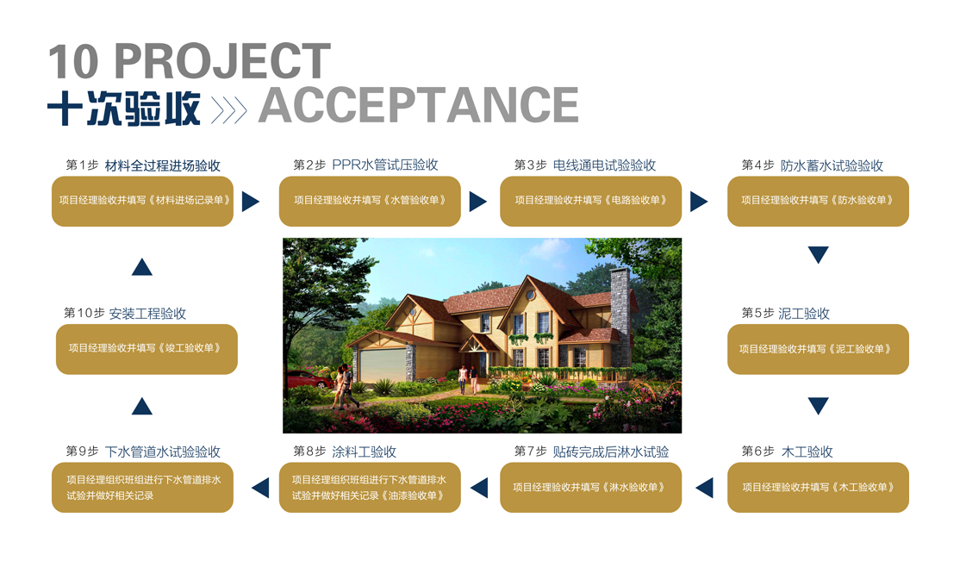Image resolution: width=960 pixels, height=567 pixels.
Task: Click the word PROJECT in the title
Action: (x=222, y=60)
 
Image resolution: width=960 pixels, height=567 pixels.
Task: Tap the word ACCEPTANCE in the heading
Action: (x=419, y=105)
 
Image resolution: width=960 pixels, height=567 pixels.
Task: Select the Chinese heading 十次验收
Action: (x=124, y=109)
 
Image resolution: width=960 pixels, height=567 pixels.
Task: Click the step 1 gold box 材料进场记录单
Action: (x=143, y=202)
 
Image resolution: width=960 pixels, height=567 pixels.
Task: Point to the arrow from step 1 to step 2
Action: (x=251, y=202)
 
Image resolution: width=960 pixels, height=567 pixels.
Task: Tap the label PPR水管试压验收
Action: (x=385, y=165)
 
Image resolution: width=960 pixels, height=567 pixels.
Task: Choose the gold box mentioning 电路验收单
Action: (x=591, y=202)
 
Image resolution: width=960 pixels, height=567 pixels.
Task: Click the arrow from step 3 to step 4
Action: (x=699, y=202)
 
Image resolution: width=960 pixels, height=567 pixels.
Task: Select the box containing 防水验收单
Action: (x=818, y=202)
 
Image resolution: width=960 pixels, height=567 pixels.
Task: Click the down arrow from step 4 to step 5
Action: (x=818, y=254)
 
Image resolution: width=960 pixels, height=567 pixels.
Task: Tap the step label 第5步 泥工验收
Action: (x=786, y=314)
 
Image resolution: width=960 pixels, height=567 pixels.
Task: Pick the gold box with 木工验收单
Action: (x=818, y=488)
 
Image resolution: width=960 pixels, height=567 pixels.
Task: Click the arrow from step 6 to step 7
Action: (x=705, y=488)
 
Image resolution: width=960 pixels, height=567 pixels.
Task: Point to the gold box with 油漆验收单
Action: (x=370, y=488)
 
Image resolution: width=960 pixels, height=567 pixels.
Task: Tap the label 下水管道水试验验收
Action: (x=162, y=452)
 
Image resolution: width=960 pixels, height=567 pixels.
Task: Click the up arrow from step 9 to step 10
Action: (x=142, y=406)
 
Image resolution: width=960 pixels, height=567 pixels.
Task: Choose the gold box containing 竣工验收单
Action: (x=147, y=349)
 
